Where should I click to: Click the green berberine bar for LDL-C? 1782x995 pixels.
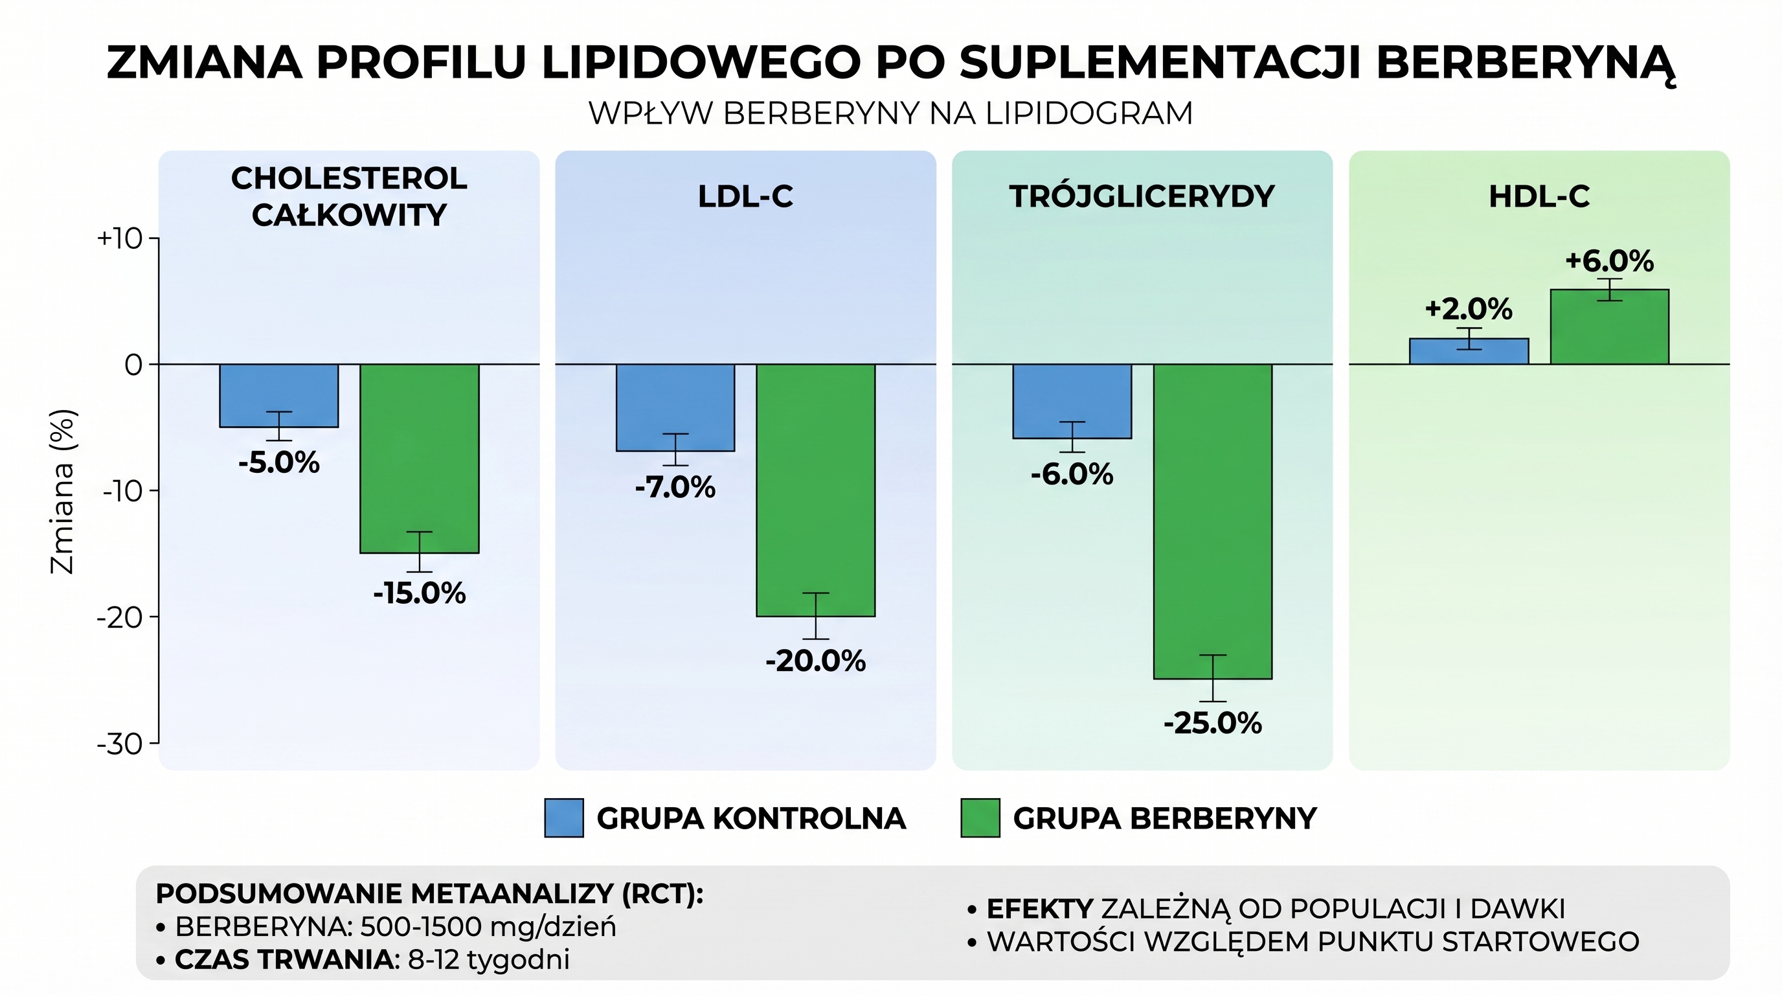pos(816,490)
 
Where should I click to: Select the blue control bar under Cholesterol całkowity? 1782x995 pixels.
pos(279,395)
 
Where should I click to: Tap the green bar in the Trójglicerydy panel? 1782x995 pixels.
pos(1213,521)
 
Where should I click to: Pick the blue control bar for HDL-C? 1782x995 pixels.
pos(1469,352)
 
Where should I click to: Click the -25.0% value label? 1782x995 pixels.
pos(1213,724)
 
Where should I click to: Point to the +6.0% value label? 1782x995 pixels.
pos(1609,262)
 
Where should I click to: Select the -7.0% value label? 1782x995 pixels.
pos(675,488)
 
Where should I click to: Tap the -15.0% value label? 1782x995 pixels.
pos(419,593)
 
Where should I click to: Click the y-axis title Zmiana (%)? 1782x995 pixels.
pos(62,491)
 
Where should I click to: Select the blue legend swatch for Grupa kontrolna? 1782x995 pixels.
pos(564,818)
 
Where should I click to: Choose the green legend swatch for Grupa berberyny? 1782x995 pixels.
pos(980,818)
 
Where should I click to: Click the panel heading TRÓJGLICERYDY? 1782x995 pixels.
pos(1142,197)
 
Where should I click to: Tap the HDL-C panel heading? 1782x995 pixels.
pos(1539,197)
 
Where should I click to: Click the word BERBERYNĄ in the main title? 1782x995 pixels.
pos(1526,63)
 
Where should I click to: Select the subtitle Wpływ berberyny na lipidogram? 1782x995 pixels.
pos(890,113)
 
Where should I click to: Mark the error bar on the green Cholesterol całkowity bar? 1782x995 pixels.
pos(419,551)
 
